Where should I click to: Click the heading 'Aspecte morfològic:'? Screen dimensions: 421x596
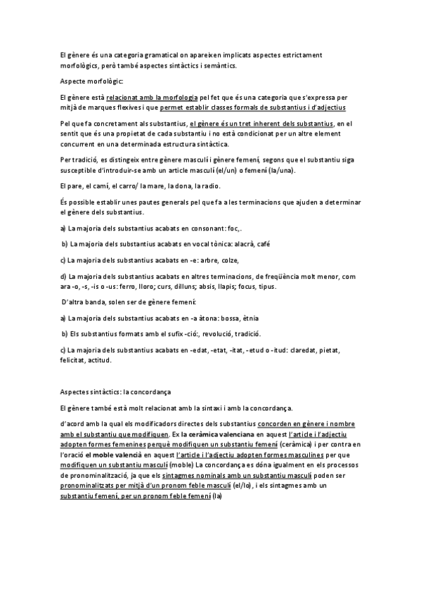91,82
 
